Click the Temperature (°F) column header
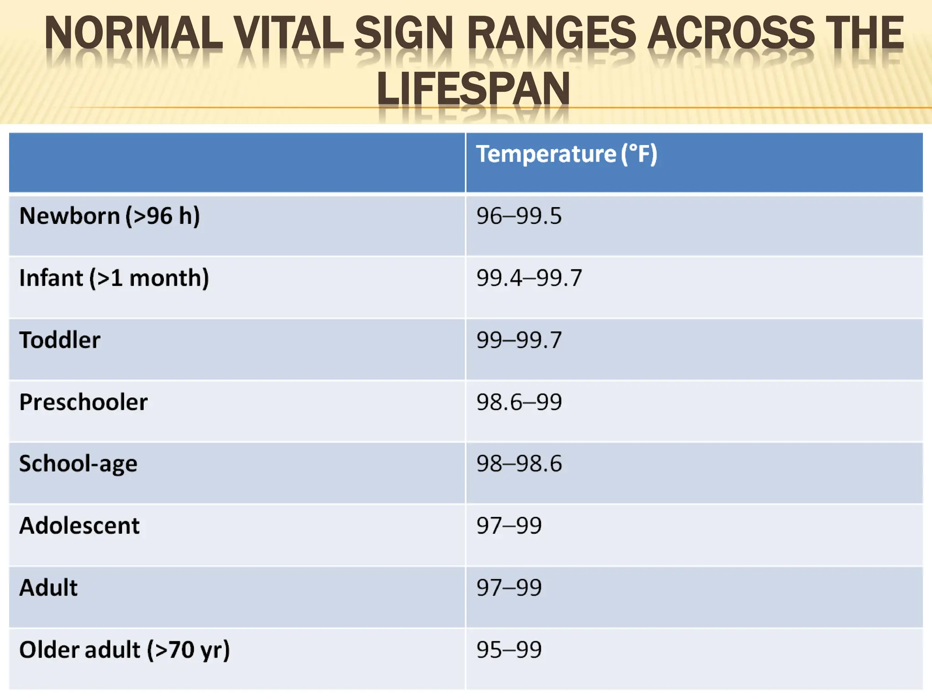point(566,154)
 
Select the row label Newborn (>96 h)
point(109,216)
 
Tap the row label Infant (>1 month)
point(114,278)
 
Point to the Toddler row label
point(60,340)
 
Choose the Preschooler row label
point(83,402)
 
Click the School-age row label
point(78,464)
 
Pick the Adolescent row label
point(79,526)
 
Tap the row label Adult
point(48,588)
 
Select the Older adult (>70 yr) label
point(124,650)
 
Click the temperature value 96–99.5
point(519,216)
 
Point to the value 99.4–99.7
point(529,278)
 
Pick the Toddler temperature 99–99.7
point(519,340)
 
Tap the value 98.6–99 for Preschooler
point(519,402)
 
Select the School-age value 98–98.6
point(519,464)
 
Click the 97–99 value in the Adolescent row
point(509,526)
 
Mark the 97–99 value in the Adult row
point(509,588)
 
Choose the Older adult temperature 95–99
point(509,650)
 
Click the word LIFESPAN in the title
point(473,88)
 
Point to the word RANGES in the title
point(551,33)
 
